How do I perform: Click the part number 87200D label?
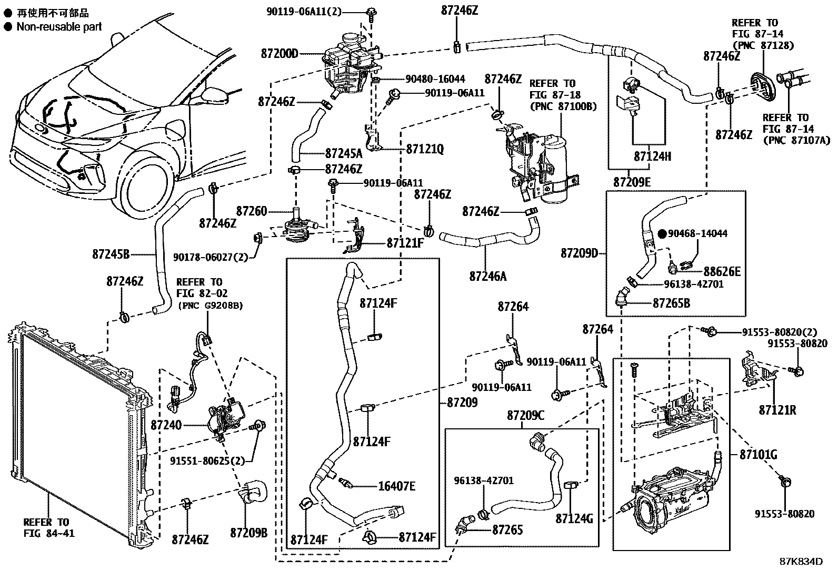point(279,54)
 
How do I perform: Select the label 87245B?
point(111,254)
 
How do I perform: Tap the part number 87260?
point(251,212)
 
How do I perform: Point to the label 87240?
point(166,425)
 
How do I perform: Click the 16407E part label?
point(396,486)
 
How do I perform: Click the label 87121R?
point(777,409)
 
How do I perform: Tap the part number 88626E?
point(722,271)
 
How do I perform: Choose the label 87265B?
point(671,303)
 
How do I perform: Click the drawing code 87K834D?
point(801,561)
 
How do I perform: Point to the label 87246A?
point(488,276)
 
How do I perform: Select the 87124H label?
point(652,156)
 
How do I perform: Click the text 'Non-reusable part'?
point(59,26)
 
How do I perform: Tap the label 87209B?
point(248,533)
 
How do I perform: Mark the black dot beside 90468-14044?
point(662,233)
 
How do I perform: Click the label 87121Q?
point(425,150)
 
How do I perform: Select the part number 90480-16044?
point(435,79)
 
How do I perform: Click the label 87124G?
point(574,519)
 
